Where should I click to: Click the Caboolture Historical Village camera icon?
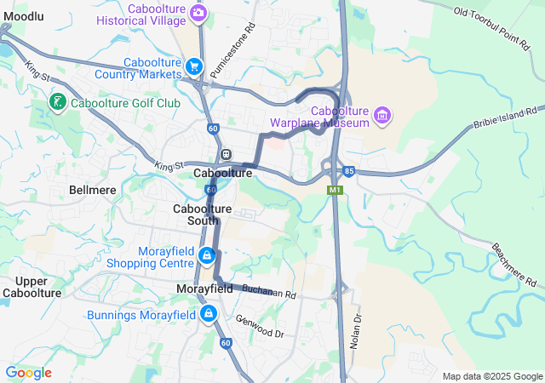198,12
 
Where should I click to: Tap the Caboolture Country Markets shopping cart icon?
195,66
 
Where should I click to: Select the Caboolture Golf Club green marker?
58,103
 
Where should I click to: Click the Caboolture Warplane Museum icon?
382,116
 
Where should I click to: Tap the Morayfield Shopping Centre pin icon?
206,255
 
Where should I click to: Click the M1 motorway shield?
336,190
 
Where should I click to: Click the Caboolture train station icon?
226,155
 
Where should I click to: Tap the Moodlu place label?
23,16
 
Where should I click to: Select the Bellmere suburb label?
93,190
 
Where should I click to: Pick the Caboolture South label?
203,214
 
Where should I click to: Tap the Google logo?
28,373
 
